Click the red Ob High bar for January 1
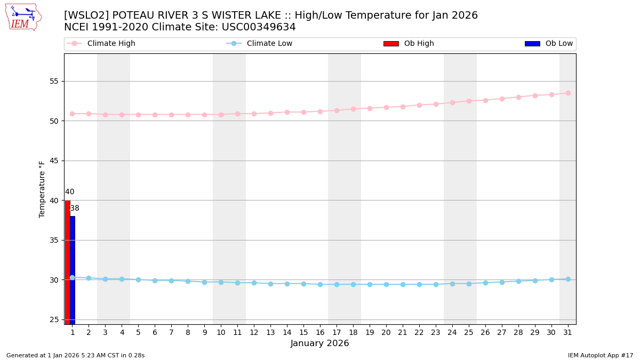tap(68, 261)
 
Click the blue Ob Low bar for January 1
tap(73, 269)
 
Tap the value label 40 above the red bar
tap(70, 192)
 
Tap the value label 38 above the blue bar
tap(75, 209)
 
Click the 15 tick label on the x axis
tap(303, 333)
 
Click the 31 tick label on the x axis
tap(568, 333)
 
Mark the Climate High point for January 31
tap(568, 93)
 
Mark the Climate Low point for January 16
tap(320, 284)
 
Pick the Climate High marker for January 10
tap(221, 114)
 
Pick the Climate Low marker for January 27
tap(502, 282)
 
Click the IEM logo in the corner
tap(23, 17)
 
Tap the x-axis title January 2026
tap(320, 343)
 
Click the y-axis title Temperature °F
tap(42, 189)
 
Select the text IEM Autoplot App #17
tap(600, 355)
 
